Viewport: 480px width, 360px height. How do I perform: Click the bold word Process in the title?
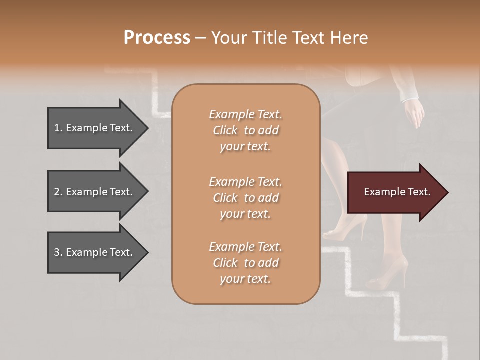click(157, 38)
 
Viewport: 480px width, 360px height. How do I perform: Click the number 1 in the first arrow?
click(57, 128)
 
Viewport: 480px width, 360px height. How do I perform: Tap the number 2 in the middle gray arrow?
click(57, 192)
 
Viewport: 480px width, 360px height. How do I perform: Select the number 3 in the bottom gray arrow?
click(57, 252)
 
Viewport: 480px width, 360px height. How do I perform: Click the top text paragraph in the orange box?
click(245, 130)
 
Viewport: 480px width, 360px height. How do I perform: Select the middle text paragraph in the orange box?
click(245, 197)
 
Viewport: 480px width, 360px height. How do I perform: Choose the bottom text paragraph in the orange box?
click(245, 263)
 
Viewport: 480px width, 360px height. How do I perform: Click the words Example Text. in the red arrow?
click(397, 192)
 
